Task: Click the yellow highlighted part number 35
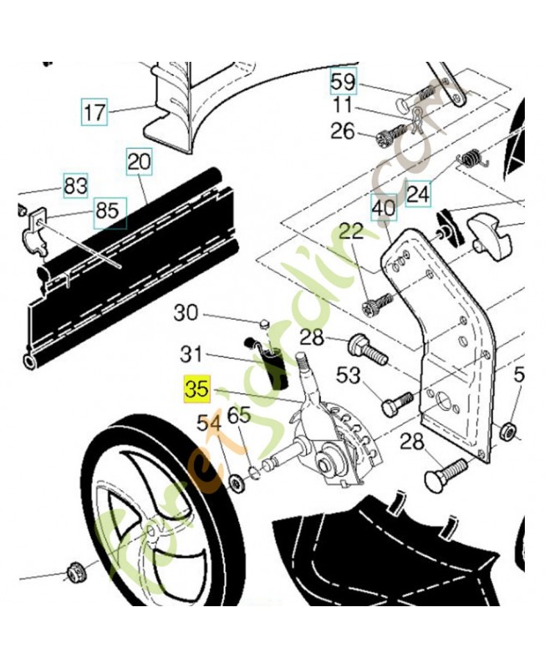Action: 196,389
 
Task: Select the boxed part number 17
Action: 95,110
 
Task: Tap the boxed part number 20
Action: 139,162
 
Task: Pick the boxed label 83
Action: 75,185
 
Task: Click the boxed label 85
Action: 108,211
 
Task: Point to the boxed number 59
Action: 343,83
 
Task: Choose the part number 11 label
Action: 343,107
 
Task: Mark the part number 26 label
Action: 343,131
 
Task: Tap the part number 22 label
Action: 351,231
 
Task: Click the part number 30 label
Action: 186,314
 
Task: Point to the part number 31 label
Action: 192,354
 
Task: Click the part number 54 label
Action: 209,424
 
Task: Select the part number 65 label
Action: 239,415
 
